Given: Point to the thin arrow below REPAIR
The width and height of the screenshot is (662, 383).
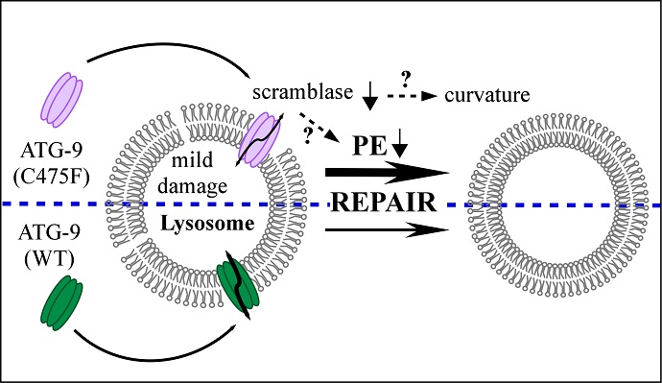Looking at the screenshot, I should [x=388, y=231].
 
